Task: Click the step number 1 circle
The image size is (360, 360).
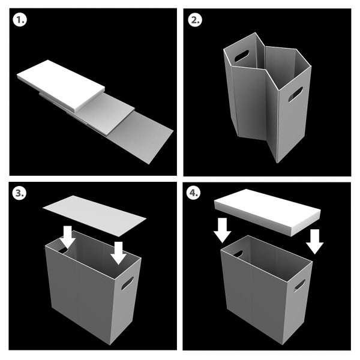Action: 20,20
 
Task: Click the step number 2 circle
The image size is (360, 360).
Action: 195,20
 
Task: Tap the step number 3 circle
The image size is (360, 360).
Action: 19,193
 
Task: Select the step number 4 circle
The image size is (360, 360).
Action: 193,193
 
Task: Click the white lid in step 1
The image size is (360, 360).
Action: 61,85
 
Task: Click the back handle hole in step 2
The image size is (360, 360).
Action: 242,56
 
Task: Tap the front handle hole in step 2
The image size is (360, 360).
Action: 295,94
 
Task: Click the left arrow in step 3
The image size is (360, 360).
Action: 68,237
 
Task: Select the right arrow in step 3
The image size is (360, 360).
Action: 118,253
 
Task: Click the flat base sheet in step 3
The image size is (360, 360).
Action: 94,216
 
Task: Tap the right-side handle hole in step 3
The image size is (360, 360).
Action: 127,283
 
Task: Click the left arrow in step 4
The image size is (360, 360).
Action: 222,230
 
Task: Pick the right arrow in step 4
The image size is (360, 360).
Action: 315,242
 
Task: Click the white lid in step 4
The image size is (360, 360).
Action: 268,212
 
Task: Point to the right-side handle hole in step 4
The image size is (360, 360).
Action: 299,286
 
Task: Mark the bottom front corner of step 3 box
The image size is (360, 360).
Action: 110,344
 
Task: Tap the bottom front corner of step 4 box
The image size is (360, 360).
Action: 283,344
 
